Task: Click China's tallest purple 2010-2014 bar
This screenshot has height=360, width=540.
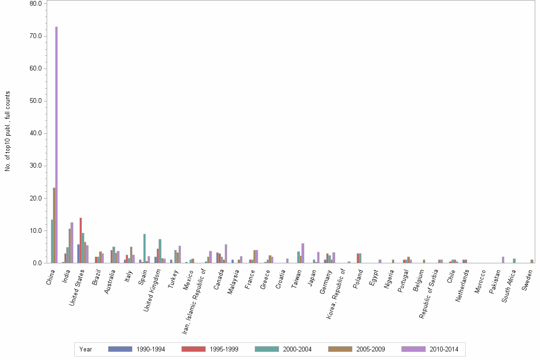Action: [56, 145]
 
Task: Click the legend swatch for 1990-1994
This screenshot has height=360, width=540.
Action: [120, 349]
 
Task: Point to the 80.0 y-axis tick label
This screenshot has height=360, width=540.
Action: [36, 4]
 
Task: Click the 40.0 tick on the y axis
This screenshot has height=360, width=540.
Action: [36, 133]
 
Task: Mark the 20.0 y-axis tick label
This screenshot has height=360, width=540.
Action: [36, 198]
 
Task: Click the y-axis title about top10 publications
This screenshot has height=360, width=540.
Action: [8, 131]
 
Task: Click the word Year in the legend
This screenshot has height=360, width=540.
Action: [86, 349]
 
